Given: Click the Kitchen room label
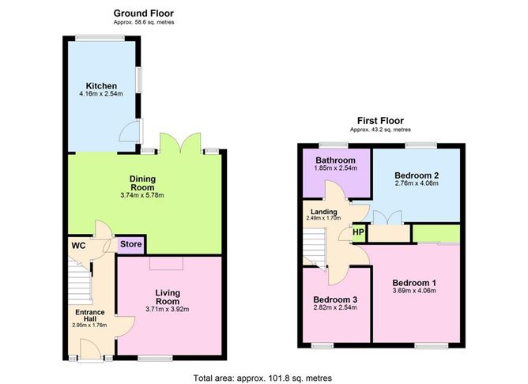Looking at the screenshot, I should pos(101,85).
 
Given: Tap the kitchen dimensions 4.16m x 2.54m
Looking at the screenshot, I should pos(101,96).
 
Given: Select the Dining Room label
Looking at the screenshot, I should pos(145,183).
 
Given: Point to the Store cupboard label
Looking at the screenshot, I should pos(131,244).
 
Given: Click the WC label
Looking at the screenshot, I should pos(78,246).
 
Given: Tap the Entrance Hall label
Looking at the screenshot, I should pos(89,315).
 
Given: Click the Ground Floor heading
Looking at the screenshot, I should pos(143,13).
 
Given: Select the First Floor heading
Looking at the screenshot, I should pos(381,120).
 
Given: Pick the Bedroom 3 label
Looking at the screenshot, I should pos(336,299).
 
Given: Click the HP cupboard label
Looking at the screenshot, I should pos(357,233).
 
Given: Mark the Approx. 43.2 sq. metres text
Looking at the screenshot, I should pos(381,130).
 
